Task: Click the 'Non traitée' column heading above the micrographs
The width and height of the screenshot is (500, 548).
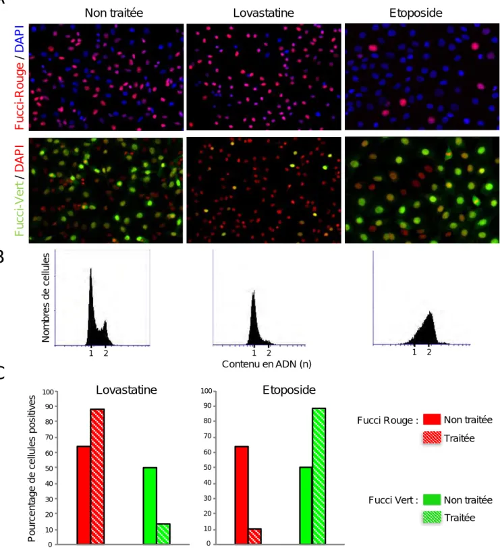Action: coord(114,13)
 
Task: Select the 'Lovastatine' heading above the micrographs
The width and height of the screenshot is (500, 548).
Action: coord(263,13)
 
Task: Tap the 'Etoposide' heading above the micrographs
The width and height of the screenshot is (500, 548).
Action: coord(416,13)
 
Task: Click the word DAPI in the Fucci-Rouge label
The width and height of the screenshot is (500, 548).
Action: coord(20,38)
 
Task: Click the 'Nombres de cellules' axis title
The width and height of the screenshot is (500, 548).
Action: coord(45,297)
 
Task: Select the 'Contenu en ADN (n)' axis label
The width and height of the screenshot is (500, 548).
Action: coord(267,364)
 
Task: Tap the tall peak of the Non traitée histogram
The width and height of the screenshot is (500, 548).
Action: coord(91,270)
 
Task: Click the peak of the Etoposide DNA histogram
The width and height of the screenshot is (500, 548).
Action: coord(430,313)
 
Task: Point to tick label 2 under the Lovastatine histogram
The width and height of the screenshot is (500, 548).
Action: coord(269,353)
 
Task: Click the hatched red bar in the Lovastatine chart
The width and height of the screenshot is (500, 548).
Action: coord(97,477)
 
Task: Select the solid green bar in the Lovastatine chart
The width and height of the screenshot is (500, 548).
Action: coord(150,506)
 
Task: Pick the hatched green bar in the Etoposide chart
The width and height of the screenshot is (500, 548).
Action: coord(318,476)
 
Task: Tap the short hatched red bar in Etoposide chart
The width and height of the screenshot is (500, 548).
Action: coord(255,537)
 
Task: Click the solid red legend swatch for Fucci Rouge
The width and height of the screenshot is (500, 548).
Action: coord(431,419)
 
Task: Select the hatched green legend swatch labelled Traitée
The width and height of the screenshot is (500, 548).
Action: coord(431,517)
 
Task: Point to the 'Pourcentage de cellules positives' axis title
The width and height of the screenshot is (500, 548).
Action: coord(32,468)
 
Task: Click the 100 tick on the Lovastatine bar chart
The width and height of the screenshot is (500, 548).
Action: coord(48,392)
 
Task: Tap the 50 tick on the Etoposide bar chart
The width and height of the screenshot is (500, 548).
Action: coord(208,467)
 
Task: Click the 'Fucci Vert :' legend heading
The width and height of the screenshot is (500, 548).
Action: coord(393,500)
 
